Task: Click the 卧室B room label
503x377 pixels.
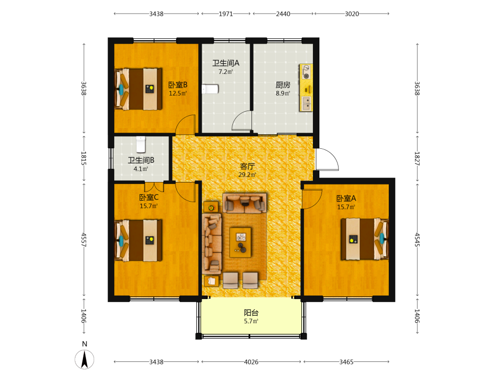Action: (x=178, y=85)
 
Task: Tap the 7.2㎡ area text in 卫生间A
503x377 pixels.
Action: (x=225, y=72)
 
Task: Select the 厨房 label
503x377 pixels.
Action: (x=283, y=85)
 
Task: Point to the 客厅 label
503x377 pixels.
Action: (x=247, y=166)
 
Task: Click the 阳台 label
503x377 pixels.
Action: (x=251, y=313)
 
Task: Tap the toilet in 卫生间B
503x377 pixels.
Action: (x=141, y=144)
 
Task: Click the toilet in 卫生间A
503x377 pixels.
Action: (x=210, y=89)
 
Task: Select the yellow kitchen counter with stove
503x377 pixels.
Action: (x=306, y=87)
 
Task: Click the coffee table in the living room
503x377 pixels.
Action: (x=240, y=242)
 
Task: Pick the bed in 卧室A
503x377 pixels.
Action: (x=365, y=239)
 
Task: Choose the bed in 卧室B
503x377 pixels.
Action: (x=138, y=89)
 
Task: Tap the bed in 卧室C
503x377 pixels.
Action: (x=138, y=240)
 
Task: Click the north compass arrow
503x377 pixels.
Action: (x=85, y=359)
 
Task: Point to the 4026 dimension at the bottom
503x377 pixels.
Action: (x=251, y=362)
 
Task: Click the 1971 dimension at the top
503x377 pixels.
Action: (x=226, y=14)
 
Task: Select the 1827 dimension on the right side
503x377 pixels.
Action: (x=417, y=158)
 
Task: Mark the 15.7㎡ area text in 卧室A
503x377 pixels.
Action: (x=346, y=207)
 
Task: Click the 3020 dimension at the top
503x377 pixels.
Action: (x=352, y=14)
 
